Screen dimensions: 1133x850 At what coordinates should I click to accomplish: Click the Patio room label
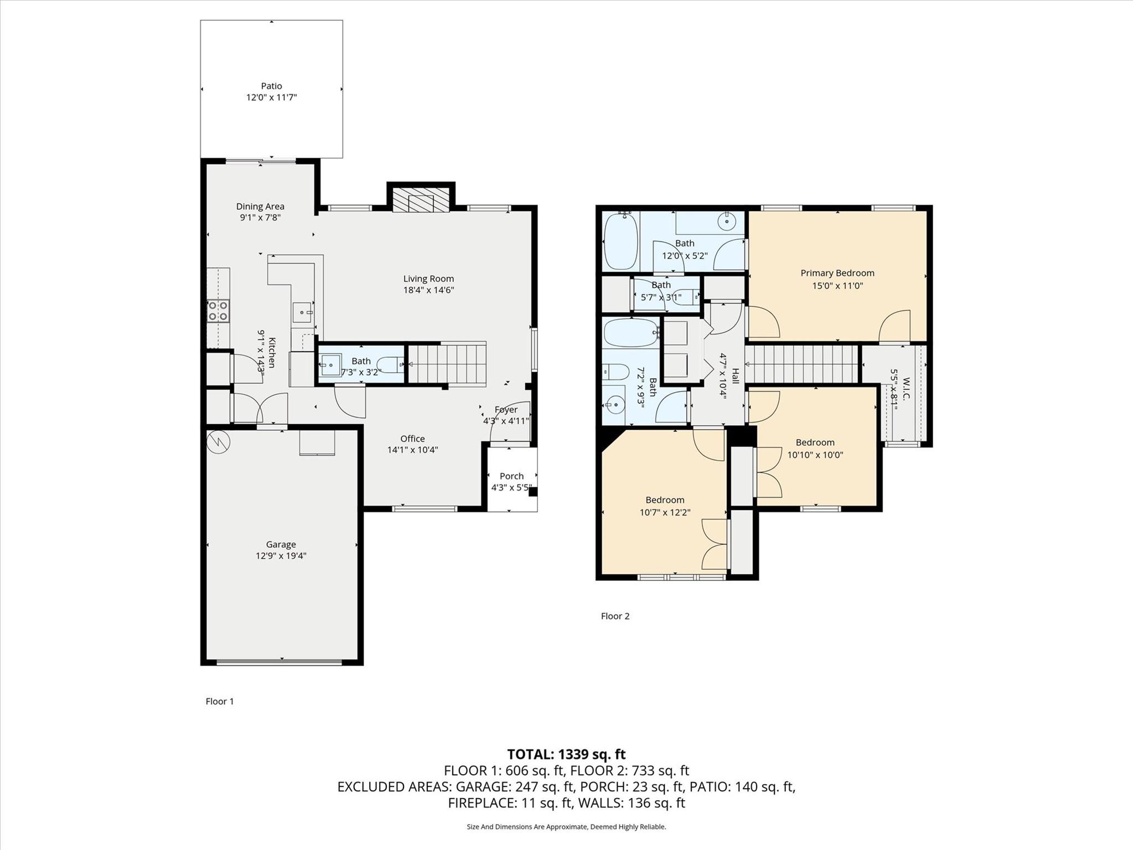point(271,86)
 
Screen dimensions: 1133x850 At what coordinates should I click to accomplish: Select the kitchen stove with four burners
point(218,311)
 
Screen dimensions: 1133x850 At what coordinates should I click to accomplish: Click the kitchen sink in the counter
point(302,312)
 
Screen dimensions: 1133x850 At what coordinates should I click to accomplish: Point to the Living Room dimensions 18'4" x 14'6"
point(428,290)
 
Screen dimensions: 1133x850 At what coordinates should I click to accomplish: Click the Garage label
point(281,544)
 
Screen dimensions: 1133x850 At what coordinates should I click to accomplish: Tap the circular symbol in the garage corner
point(218,441)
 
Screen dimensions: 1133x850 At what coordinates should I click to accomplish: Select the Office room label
point(412,439)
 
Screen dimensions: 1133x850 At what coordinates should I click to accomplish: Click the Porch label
point(511,476)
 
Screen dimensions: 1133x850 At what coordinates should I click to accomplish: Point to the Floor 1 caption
point(220,701)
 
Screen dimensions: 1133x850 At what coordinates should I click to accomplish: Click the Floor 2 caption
point(615,616)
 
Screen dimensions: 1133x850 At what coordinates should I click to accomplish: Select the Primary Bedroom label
point(837,273)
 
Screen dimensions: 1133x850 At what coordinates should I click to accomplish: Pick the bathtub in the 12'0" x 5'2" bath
point(621,241)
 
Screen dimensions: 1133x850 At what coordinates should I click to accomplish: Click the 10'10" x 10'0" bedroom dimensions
point(815,455)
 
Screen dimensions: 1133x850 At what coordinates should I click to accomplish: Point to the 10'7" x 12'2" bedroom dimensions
point(665,512)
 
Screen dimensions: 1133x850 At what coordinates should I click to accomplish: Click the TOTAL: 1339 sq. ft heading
point(566,754)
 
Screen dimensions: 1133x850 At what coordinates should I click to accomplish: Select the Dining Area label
point(260,207)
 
